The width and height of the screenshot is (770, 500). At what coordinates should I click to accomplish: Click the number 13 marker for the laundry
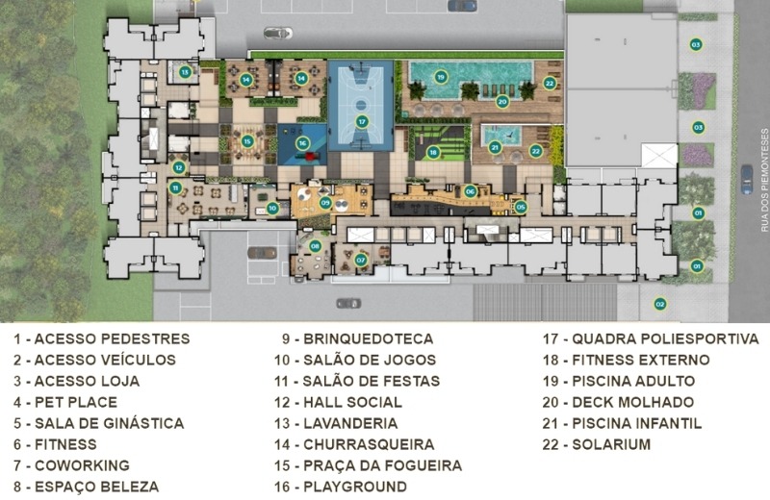tap(185, 73)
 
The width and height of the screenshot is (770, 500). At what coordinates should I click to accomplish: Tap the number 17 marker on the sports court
tap(362, 122)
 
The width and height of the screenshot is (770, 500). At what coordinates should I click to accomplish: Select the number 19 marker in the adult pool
tap(441, 77)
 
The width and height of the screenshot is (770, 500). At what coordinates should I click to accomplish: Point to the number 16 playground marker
tap(302, 143)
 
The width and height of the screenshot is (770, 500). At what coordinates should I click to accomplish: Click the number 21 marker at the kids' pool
tap(495, 147)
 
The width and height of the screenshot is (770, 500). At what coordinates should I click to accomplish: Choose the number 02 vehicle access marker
tap(660, 304)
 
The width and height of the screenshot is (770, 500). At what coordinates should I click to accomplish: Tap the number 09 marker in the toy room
tap(325, 203)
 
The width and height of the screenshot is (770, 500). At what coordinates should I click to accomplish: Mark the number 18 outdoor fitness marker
tap(432, 153)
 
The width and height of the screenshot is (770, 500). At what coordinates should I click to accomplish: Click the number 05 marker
tap(521, 207)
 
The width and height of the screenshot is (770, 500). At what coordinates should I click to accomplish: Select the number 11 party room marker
tap(175, 187)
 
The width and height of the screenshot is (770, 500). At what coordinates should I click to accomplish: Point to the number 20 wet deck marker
tap(501, 102)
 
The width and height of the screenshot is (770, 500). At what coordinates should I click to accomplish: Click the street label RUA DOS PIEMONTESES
tap(764, 180)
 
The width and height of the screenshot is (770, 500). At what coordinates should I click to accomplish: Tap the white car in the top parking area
tap(278, 33)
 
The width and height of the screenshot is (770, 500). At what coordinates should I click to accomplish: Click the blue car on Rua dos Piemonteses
tap(747, 179)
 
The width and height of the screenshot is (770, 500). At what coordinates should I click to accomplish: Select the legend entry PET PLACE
tap(76, 402)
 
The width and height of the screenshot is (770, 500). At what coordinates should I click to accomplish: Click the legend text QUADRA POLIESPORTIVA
tap(665, 339)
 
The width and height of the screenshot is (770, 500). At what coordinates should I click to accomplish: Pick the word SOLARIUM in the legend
tap(611, 444)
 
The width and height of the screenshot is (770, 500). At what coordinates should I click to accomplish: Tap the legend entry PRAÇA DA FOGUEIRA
tap(382, 465)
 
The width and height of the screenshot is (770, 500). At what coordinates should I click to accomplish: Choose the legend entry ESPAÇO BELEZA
tap(97, 487)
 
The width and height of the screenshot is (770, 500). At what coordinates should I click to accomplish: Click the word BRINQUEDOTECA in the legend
tap(369, 339)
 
